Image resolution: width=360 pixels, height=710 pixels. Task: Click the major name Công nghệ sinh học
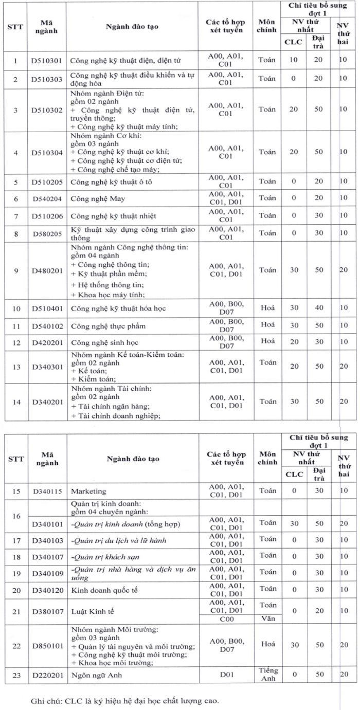[x=104, y=342]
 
